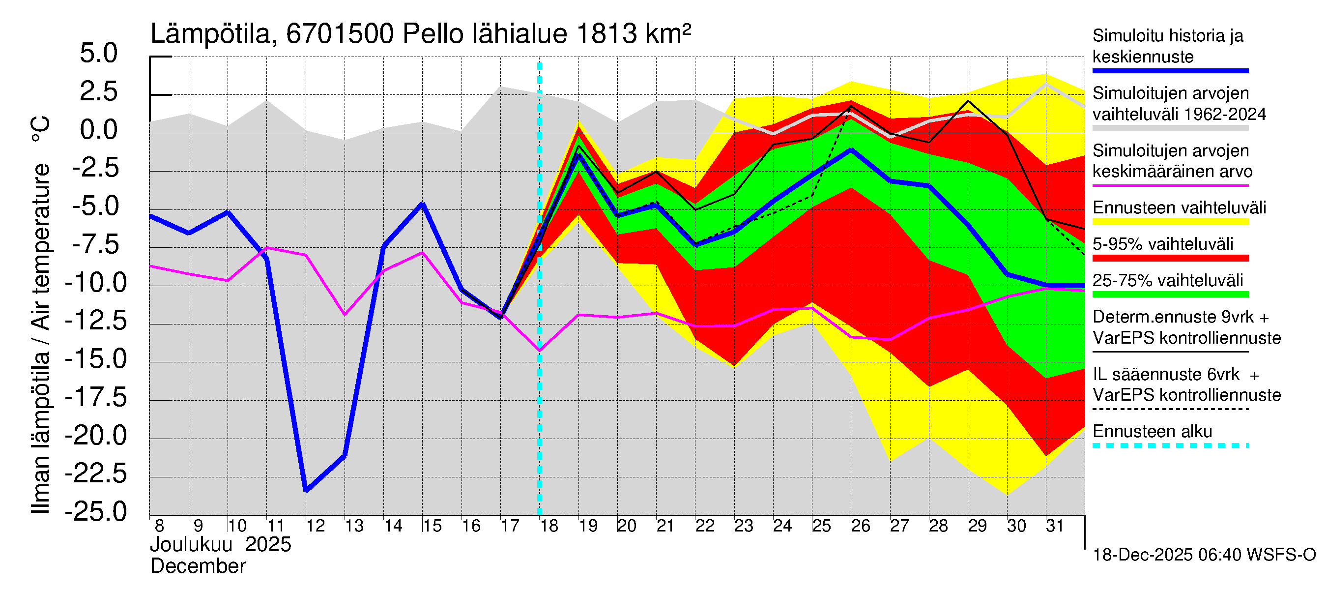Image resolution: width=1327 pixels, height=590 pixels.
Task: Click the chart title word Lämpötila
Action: tap(210, 34)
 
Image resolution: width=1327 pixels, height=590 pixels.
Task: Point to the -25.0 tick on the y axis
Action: tap(96, 512)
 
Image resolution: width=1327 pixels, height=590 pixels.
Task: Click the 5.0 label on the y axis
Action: tap(98, 54)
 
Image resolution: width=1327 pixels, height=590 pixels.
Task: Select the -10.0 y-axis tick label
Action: tap(96, 283)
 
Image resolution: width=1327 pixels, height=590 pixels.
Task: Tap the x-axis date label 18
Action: tap(549, 526)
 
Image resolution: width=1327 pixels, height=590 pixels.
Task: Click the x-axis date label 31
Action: tap(1055, 526)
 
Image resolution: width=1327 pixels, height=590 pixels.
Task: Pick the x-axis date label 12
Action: tap(315, 526)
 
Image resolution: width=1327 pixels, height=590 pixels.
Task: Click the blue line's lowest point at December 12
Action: tap(307, 490)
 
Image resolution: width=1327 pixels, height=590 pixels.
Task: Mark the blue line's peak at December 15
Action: tap(422, 204)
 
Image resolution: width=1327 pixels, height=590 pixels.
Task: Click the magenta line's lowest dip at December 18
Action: tap(539, 351)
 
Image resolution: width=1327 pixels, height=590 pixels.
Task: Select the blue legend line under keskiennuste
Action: tap(1170, 71)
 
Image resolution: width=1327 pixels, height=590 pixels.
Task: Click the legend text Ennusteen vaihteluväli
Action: tap(1179, 208)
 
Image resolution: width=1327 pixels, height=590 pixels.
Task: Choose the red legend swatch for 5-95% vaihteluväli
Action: tap(1170, 258)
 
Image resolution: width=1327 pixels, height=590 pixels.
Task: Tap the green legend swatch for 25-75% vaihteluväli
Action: tap(1170, 295)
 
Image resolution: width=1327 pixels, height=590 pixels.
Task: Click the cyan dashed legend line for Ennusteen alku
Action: tap(1170, 445)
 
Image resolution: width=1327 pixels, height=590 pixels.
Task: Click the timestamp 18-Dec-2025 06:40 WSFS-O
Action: tap(1204, 555)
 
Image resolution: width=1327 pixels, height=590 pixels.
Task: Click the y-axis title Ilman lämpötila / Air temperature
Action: tap(41, 314)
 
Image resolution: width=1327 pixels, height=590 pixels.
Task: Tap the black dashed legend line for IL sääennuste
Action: tap(1170, 409)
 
